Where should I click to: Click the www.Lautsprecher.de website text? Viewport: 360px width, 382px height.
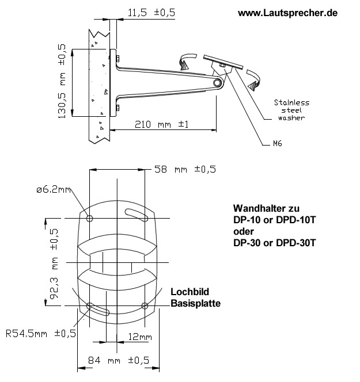(x=288, y=12)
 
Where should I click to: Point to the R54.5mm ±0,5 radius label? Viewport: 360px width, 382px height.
(x=41, y=334)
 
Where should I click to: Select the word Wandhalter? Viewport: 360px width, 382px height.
(x=257, y=208)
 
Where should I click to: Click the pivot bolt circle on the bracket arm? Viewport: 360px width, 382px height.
(x=217, y=83)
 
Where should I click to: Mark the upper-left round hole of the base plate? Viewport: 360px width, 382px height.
(x=89, y=219)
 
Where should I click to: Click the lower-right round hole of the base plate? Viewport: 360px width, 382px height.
(x=145, y=305)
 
